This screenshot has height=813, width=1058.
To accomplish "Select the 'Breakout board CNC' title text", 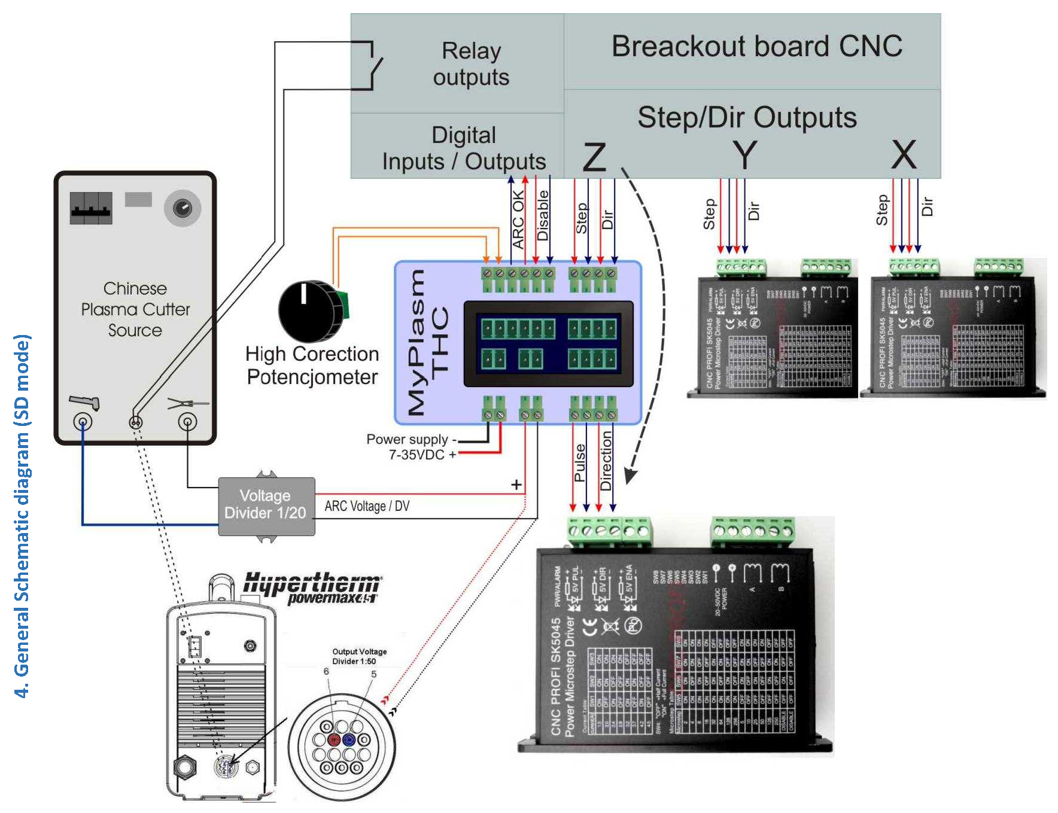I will (756, 47).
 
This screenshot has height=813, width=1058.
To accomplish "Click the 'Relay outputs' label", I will (471, 64).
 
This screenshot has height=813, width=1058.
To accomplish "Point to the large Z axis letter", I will (594, 157).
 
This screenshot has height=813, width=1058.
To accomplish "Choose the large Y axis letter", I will (745, 155).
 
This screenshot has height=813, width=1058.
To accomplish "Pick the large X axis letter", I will (904, 155).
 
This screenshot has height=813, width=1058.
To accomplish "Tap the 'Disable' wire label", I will (543, 215).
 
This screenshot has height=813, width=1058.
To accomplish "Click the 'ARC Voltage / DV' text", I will (367, 506).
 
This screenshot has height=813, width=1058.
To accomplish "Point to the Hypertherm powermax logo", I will (311, 587).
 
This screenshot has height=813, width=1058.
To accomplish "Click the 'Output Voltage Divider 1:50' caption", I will (360, 656).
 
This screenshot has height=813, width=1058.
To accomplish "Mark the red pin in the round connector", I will (334, 740).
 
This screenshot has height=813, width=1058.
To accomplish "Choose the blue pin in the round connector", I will (349, 740).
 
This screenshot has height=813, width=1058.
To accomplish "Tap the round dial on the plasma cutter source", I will (182, 208).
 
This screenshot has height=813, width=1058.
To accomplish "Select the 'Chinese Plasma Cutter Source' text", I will (135, 309).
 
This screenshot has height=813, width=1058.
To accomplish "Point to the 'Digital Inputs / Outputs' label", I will (464, 148).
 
